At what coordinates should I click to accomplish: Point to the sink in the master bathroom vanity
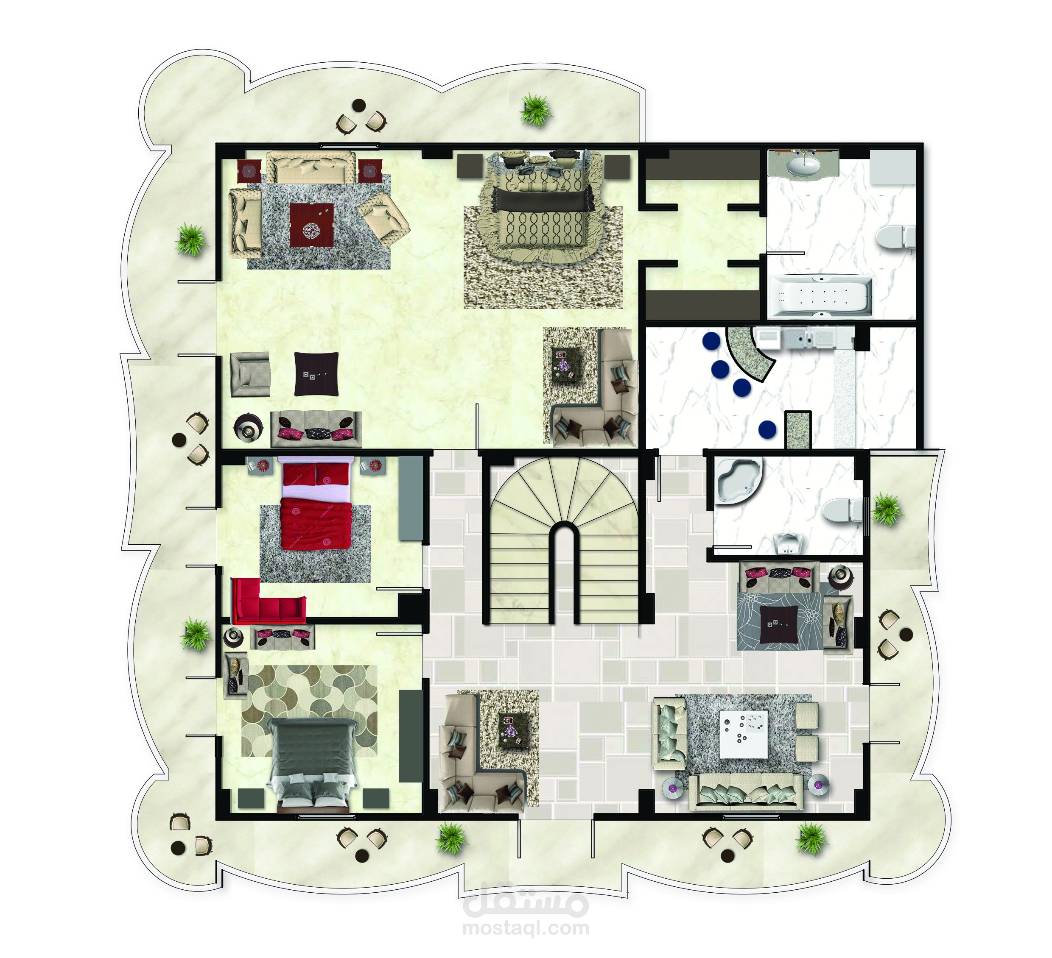pyautogui.click(x=803, y=165)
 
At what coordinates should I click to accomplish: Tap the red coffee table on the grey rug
pyautogui.click(x=311, y=225)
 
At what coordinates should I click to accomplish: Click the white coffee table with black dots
pyautogui.click(x=743, y=734)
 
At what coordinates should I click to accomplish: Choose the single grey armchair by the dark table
pyautogui.click(x=250, y=374)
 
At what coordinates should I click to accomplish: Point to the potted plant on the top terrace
pyautogui.click(x=535, y=110)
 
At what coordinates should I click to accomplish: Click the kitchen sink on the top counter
pyautogui.click(x=802, y=338)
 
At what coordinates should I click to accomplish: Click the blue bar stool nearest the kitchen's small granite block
pyautogui.click(x=767, y=429)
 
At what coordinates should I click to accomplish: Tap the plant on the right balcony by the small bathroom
pyautogui.click(x=887, y=510)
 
